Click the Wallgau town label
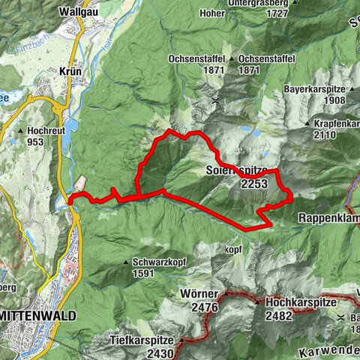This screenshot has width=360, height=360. (76, 12)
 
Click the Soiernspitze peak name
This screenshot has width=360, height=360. (235, 170)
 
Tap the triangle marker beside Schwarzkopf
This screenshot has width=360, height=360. (126, 262)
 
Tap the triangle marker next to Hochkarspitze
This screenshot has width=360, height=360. (258, 301)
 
